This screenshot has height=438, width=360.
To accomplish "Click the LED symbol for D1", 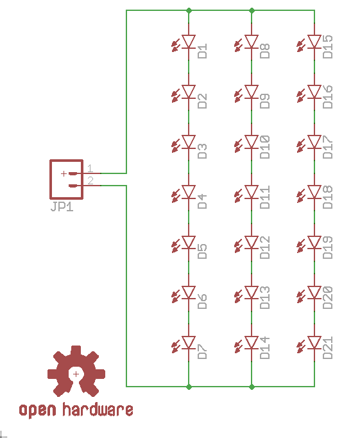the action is coord(184,43).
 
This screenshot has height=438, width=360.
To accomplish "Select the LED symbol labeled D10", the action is coord(247,143).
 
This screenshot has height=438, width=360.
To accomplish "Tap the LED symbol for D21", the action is coord(310,344).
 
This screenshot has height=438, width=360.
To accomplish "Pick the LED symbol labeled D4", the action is coord(184,193).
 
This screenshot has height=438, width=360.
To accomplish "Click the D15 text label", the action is coord(328,47).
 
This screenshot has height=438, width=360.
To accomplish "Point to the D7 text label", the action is coord(202,351).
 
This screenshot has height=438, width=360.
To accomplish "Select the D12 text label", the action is coord(265,247).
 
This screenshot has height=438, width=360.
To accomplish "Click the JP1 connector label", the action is coord(62,207).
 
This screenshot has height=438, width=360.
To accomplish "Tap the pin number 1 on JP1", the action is coord(90,168).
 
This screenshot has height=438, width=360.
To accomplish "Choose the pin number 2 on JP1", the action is coord(90,180).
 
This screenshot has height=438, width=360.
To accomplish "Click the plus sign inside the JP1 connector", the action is coord(64,174).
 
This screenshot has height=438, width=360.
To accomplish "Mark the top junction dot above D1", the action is coord(189,11).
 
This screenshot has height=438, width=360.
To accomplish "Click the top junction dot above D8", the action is coord(252,11).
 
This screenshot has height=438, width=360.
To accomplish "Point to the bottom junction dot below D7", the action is coord(189,387).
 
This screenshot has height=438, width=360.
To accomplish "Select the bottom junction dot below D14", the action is coord(252,387).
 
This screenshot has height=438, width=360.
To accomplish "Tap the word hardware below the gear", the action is coord(98,410).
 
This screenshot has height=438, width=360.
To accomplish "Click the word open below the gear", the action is coord(37,410).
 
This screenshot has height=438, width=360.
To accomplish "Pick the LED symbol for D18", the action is coord(310,193).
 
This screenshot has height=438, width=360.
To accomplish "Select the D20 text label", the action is coord(328,297).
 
